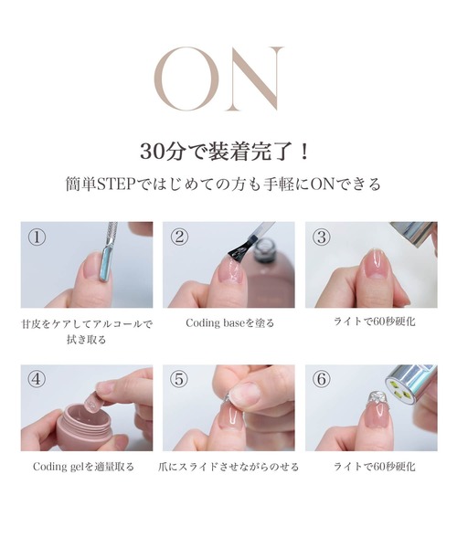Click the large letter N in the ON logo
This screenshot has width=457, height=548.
[x=254, y=79]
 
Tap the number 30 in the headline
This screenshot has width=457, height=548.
[x=152, y=152]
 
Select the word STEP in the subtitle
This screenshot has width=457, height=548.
[x=115, y=184]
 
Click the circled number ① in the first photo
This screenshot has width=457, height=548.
[x=37, y=237]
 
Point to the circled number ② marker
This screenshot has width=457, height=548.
[x=179, y=237]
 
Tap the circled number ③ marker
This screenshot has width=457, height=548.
[x=322, y=237]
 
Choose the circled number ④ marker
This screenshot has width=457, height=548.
[x=37, y=380]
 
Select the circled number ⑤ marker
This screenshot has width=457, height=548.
[x=179, y=380]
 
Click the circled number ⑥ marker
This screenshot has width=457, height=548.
[x=322, y=380]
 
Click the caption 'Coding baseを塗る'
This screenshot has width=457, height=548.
[x=229, y=323]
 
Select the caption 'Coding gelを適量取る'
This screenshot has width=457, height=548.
[x=83, y=467]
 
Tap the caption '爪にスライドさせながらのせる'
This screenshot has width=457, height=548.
[x=228, y=467]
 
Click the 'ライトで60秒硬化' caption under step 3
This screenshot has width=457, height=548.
[x=375, y=321]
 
